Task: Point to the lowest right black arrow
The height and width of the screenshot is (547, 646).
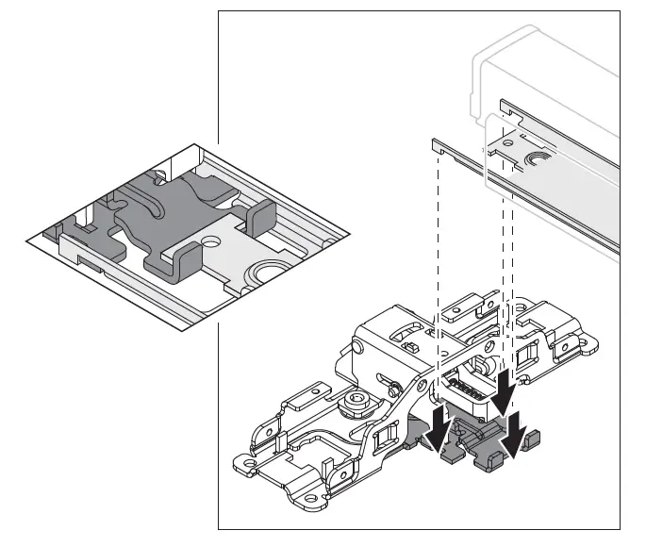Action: coord(516,434)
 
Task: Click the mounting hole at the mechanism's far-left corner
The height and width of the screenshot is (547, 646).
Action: coord(247,463)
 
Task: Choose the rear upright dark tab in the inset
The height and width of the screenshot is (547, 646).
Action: coord(257,218)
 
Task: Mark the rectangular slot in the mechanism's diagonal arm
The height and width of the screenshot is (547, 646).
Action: coord(384,438)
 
